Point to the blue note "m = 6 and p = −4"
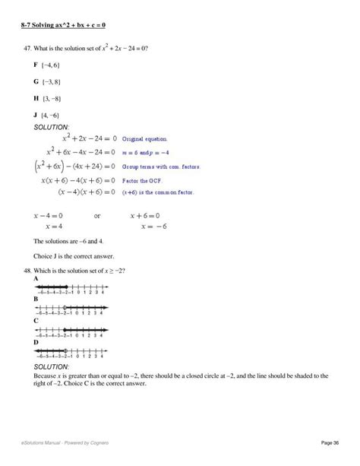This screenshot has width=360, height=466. [x=143, y=153]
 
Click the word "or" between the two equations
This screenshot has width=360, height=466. [x=97, y=216]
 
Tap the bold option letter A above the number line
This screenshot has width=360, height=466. [x=36, y=280]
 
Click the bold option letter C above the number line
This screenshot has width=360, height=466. [x=36, y=321]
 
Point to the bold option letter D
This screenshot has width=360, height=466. [x=36, y=342]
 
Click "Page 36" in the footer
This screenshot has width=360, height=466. [x=330, y=442]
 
